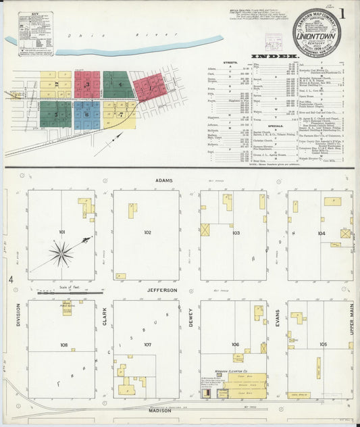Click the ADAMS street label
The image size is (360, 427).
(x=163, y=181)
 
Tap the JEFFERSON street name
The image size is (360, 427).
(x=162, y=290)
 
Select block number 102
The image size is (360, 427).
(x=147, y=232)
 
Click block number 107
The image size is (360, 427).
(x=147, y=345)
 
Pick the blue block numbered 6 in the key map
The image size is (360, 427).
(x=87, y=114)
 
